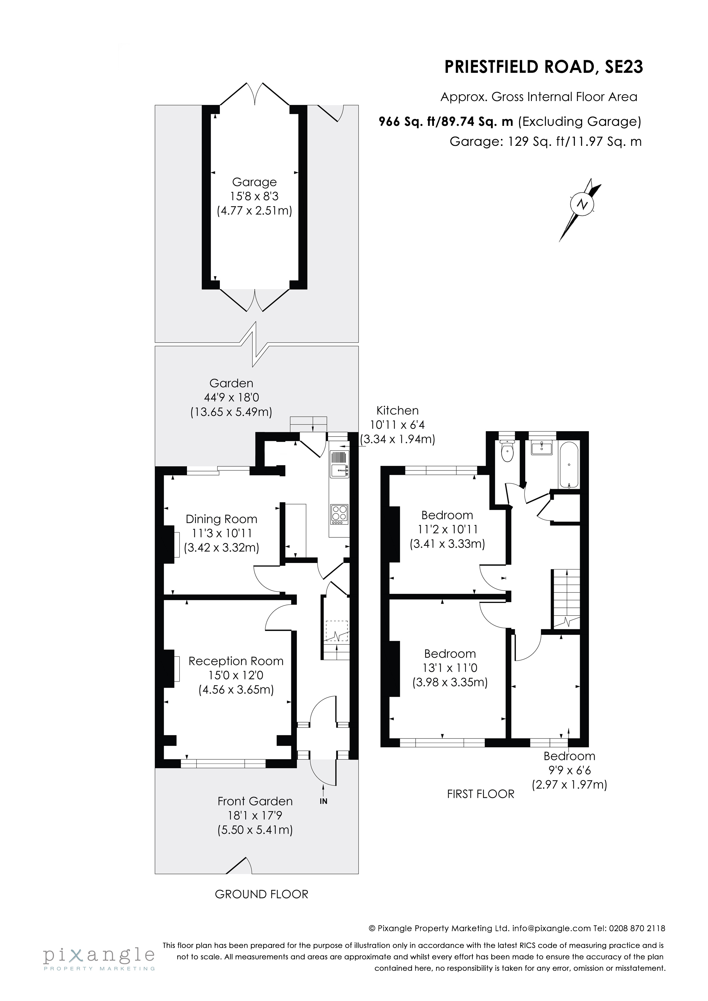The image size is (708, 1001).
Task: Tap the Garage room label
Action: (254, 182)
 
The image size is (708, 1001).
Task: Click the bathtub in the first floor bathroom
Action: (569, 466)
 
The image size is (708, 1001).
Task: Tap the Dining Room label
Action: (221, 519)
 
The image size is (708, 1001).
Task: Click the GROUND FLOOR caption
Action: (261, 894)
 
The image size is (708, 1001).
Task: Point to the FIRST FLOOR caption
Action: (480, 794)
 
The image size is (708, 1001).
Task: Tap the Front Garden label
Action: (255, 801)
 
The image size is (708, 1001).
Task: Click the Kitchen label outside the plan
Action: (397, 410)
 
